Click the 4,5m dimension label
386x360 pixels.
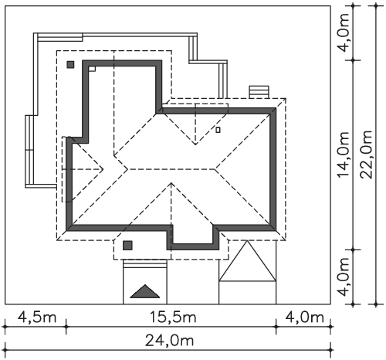(x=37, y=318)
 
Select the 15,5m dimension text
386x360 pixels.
(x=173, y=318)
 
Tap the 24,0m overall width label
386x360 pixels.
(x=169, y=341)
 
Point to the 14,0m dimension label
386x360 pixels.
(x=344, y=155)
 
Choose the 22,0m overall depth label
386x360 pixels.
(x=366, y=155)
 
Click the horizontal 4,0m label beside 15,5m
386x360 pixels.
(x=304, y=318)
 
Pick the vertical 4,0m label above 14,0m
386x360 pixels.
(x=344, y=32)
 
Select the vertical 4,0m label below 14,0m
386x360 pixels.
(x=344, y=277)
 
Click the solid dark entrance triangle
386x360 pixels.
(x=145, y=293)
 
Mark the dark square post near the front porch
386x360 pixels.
(x=127, y=246)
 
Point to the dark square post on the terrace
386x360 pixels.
(x=70, y=64)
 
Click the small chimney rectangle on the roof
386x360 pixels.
(x=218, y=130)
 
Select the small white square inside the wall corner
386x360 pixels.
(x=92, y=69)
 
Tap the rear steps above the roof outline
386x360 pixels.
(x=259, y=92)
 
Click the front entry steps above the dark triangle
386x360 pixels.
(x=145, y=263)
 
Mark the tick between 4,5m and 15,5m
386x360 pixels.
(x=66, y=327)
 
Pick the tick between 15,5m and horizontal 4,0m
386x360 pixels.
(x=276, y=327)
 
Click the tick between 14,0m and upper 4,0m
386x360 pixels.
(x=353, y=60)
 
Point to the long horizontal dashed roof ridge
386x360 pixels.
(x=171, y=169)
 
